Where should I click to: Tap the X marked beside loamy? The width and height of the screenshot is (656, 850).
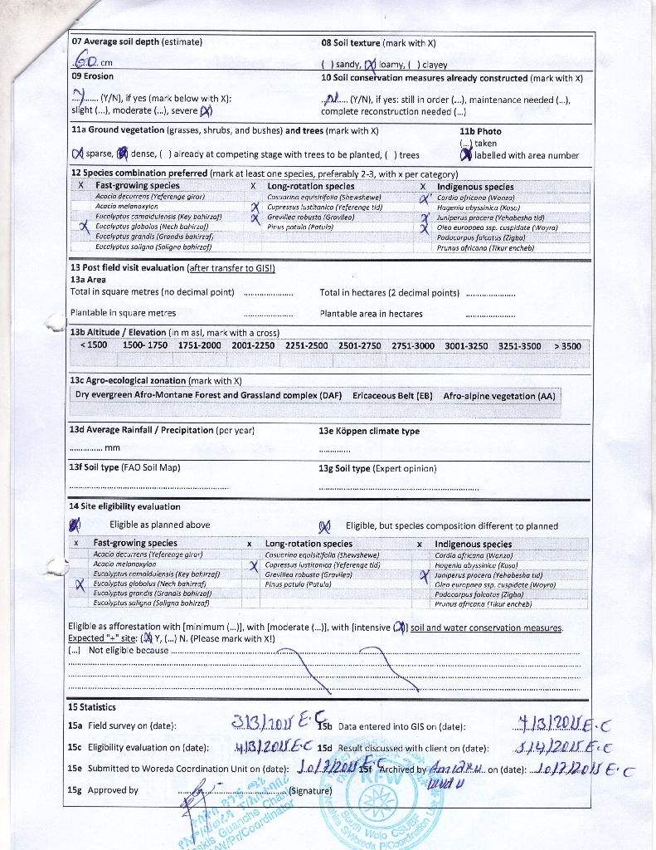[370, 63]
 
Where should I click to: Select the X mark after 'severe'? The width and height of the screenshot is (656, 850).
[206, 110]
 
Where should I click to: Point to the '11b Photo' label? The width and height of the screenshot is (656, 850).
[480, 131]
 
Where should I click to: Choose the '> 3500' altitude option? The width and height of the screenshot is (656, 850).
[567, 346]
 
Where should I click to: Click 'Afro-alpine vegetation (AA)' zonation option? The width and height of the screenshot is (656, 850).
[499, 396]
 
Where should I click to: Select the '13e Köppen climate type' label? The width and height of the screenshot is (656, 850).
[369, 432]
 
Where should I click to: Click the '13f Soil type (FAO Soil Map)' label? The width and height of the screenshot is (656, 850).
[125, 468]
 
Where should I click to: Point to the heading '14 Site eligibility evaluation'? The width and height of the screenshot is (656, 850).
[124, 506]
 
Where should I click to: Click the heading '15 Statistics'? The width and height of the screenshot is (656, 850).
[92, 707]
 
